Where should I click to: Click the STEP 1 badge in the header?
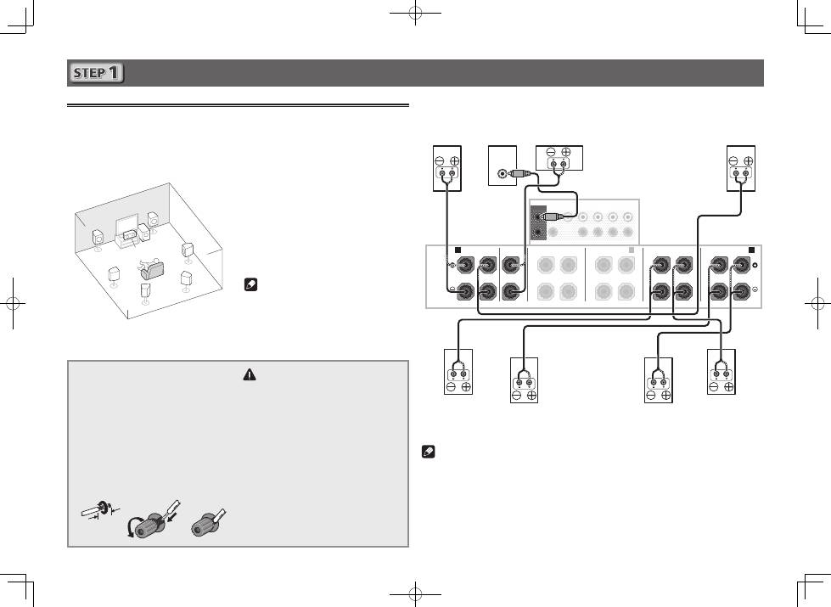tap(96, 73)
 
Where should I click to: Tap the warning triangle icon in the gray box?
tap(249, 374)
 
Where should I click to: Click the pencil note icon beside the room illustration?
tap(250, 284)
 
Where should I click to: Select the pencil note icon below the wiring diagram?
tap(428, 452)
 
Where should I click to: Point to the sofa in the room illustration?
tap(152, 270)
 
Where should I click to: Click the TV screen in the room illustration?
tap(126, 224)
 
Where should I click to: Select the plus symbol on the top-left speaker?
tap(454, 161)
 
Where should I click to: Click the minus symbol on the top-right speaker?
tap(733, 161)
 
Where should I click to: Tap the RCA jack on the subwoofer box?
tap(502, 173)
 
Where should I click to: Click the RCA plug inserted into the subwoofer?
tap(517, 173)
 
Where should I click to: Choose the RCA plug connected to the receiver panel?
tap(551, 216)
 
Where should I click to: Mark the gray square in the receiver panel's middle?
tap(632, 250)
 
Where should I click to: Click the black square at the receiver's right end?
tap(751, 250)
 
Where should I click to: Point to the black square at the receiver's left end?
tap(458, 250)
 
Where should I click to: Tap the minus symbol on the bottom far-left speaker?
tap(451, 387)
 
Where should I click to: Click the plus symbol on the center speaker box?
tap(566, 152)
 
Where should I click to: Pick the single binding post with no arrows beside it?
tap(209, 526)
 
